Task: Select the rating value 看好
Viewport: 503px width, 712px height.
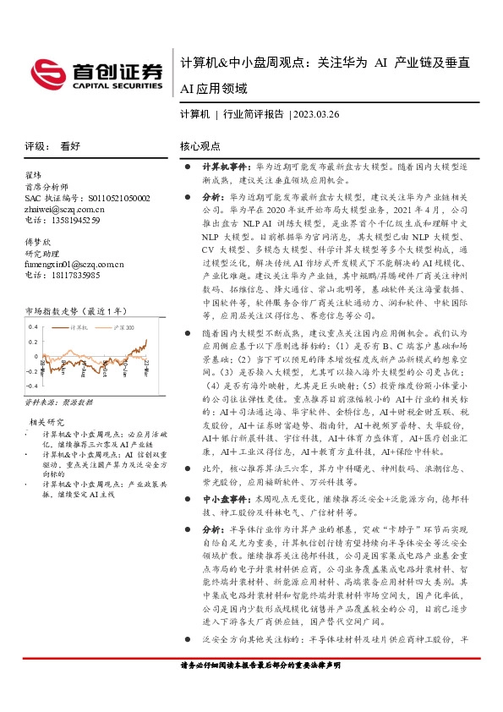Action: click(70, 145)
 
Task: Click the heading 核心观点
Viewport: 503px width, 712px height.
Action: click(200, 145)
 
